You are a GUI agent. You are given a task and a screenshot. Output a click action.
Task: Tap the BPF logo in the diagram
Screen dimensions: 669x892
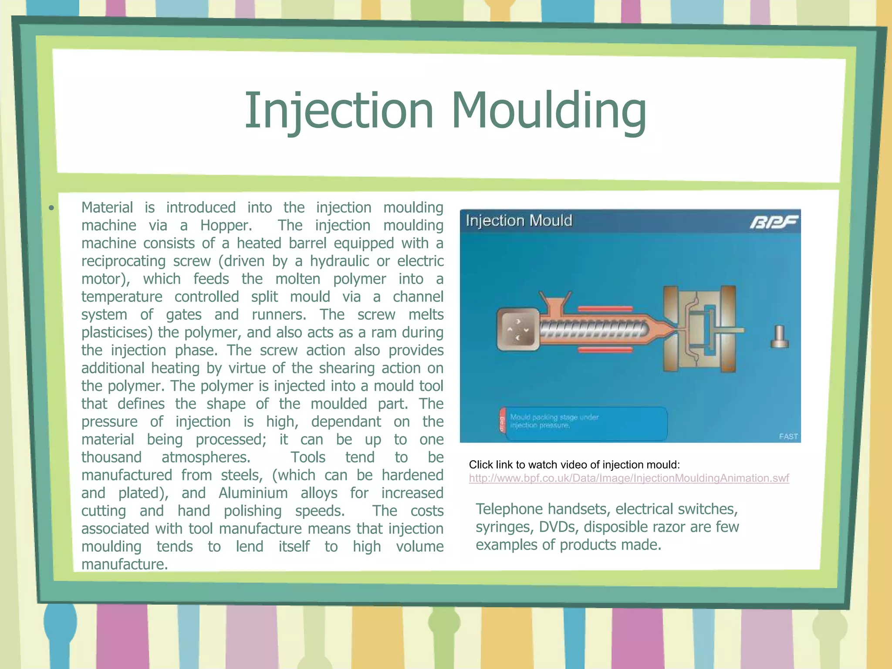pyautogui.click(x=774, y=222)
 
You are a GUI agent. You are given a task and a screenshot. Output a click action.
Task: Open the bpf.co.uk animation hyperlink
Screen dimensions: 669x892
pyautogui.click(x=628, y=478)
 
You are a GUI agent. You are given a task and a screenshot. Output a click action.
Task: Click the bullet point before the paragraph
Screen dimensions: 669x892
pyautogui.click(x=52, y=208)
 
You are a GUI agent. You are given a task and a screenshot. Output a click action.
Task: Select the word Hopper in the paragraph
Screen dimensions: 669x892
pyautogui.click(x=226, y=226)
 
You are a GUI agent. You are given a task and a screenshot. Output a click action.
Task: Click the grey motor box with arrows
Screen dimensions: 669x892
pyautogui.click(x=518, y=329)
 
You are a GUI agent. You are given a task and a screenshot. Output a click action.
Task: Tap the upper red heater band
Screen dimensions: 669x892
pyautogui.click(x=605, y=308)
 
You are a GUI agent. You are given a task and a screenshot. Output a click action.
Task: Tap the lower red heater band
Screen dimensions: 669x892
pyautogui.click(x=605, y=349)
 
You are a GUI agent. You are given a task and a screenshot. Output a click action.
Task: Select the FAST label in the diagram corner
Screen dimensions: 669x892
pyautogui.click(x=788, y=436)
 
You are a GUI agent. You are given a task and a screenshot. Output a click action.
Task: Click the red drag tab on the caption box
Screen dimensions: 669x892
pyautogui.click(x=502, y=422)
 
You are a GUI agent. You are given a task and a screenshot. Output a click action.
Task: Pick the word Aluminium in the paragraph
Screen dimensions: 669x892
pyautogui.click(x=253, y=493)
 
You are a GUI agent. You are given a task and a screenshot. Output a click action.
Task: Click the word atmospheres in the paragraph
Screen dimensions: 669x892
pyautogui.click(x=206, y=457)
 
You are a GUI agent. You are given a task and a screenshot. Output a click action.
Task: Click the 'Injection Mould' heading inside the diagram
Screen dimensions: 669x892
pyautogui.click(x=519, y=221)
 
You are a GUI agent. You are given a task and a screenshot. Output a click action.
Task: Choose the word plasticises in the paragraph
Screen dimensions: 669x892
pyautogui.click(x=117, y=333)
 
